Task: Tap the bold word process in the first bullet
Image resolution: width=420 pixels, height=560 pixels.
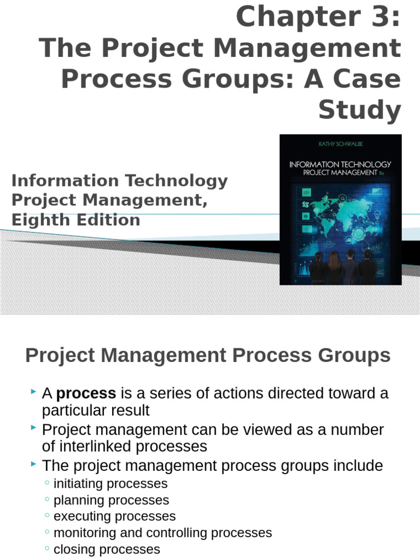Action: tap(86, 393)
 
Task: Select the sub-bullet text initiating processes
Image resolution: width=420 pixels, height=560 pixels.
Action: tap(110, 484)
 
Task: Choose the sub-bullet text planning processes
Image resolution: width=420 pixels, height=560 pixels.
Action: tap(112, 500)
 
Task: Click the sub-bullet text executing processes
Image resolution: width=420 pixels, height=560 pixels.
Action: tap(115, 517)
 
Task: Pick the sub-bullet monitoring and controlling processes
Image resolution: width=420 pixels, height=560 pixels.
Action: tap(162, 533)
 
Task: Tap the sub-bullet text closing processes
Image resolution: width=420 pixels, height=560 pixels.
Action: tap(107, 550)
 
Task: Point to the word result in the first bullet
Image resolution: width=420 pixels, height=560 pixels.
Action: tap(131, 410)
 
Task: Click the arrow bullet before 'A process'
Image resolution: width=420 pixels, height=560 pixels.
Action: tap(34, 392)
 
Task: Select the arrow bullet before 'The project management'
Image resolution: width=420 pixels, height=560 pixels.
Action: tap(34, 464)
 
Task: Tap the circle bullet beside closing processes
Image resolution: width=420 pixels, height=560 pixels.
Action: tap(47, 549)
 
